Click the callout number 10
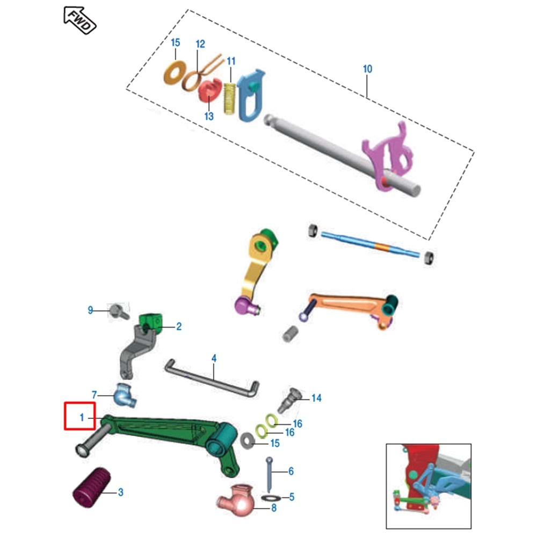pos(367,69)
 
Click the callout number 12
pos(200,43)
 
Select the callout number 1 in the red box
pos(82,417)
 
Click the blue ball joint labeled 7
pos(123,396)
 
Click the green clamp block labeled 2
pos(151,322)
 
